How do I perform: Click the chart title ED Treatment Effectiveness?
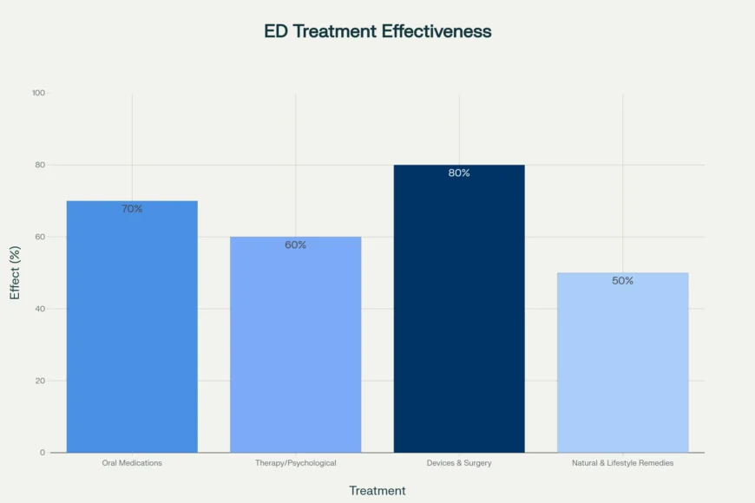coord(377,31)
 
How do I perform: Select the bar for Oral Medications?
coord(132,330)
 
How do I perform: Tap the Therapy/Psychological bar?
coord(295,347)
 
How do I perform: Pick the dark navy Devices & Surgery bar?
coord(459,312)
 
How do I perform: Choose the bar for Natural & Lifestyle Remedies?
coord(622,364)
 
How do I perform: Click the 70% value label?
coord(132,209)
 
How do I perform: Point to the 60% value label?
coord(295,245)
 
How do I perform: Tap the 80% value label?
coord(459,173)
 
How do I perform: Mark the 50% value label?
coord(622,281)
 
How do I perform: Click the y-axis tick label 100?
coord(38,93)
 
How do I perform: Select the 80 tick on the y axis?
coord(40,165)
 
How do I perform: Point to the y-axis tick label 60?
coord(40,237)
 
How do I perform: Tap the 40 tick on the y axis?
coord(40,309)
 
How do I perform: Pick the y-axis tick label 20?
coord(40,381)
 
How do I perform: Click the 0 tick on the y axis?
coord(43,453)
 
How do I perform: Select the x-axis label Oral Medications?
coord(132,463)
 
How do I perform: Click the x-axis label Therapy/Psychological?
coord(295,463)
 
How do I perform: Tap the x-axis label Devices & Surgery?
coord(459,463)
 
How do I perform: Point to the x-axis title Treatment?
coord(377,491)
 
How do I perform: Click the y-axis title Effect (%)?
coord(15,272)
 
